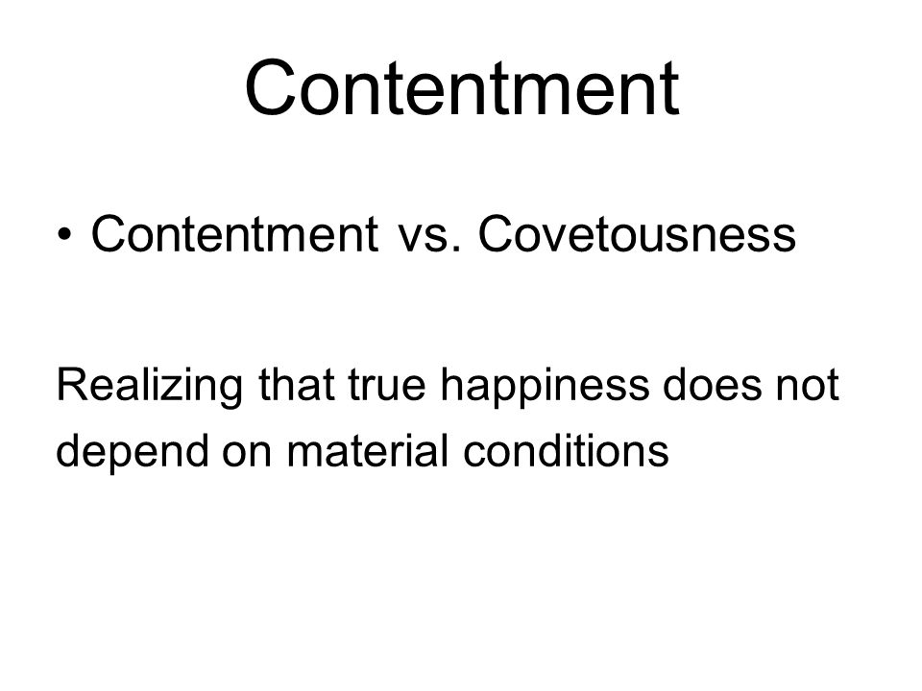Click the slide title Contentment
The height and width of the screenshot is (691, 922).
point(462,87)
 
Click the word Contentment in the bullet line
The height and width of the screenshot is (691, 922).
point(234,234)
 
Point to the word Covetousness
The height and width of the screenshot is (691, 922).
point(637,234)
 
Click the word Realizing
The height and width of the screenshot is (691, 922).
point(150,387)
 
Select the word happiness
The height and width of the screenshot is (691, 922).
point(546,387)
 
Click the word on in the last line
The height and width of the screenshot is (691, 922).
point(247,455)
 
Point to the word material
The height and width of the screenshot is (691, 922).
point(367,450)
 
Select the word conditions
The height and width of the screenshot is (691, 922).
point(566,450)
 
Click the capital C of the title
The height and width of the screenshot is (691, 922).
point(269,87)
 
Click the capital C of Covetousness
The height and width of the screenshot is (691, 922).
point(497,234)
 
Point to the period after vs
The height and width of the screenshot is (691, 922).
point(456,250)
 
